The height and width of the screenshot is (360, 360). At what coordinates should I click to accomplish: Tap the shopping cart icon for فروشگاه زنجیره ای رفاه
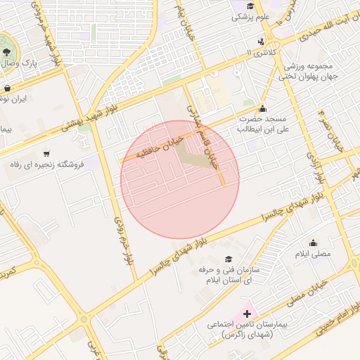click(x=46, y=153)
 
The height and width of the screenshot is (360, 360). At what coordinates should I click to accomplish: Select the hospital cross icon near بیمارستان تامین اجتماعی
click(x=247, y=313)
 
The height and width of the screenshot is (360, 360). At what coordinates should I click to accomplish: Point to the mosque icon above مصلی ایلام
click(x=312, y=243)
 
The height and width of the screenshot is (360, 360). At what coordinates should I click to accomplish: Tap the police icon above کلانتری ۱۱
click(x=262, y=41)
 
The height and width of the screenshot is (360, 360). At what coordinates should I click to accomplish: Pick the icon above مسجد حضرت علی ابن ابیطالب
click(x=262, y=109)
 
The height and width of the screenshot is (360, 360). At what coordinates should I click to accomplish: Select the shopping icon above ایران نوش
click(x=7, y=89)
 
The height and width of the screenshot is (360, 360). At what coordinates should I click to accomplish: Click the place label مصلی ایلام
click(x=312, y=253)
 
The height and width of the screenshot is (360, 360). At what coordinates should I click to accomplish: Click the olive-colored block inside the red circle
click(x=193, y=155)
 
